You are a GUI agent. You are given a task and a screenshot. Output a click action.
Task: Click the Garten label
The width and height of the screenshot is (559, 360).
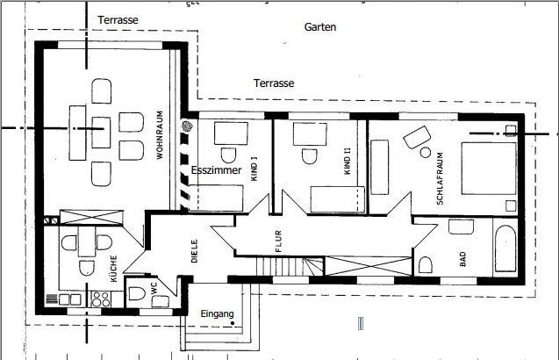[319, 26]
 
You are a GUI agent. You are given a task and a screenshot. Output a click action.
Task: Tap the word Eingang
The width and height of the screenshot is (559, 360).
[217, 314]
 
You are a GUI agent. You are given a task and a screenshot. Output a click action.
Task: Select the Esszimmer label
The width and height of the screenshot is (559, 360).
[217, 169]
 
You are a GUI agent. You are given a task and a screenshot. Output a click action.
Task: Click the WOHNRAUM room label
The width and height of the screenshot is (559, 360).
[160, 134]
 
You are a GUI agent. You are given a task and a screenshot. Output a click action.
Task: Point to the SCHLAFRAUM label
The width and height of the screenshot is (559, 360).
[440, 178]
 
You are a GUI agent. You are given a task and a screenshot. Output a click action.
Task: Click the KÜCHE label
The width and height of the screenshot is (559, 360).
[114, 269]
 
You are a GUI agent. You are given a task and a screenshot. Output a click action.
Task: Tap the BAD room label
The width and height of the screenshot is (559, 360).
[462, 259]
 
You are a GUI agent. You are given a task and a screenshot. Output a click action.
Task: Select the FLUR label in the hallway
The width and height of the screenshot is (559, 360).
[278, 241]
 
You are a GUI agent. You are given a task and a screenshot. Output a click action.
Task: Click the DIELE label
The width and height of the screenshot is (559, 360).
[194, 251]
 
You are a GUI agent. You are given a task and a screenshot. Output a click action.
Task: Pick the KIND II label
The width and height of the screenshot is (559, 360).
[348, 161]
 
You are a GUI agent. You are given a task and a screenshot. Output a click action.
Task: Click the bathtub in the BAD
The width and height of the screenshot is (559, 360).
[505, 248]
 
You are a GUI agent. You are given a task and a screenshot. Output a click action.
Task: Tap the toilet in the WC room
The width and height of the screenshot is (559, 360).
[137, 294]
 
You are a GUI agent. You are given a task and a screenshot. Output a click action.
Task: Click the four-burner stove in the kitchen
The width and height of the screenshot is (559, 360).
[101, 299]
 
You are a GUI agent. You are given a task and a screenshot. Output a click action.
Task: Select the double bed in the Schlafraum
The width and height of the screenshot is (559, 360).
[489, 169]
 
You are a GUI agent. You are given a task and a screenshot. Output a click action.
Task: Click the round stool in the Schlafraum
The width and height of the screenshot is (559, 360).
[425, 153]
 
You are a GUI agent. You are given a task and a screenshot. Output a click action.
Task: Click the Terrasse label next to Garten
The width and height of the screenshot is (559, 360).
[274, 83]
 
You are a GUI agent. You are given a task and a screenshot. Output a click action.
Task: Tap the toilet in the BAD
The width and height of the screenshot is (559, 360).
[425, 265]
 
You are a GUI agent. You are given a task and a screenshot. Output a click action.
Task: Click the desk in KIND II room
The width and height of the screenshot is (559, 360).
[310, 134]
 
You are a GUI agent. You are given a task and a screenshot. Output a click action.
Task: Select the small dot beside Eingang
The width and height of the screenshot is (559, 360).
[233, 323]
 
